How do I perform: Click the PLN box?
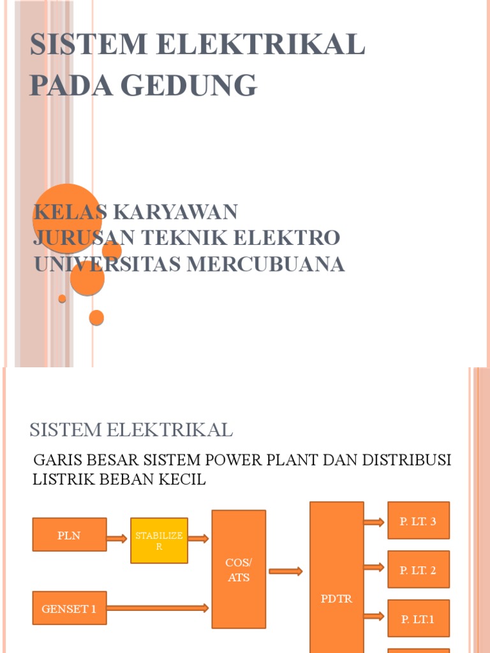coord(70,534)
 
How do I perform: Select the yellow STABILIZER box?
coord(159,541)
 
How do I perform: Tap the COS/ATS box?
coord(239,569)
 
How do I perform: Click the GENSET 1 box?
coord(70,608)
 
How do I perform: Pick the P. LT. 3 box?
coord(419,521)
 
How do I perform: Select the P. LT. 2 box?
coord(419,569)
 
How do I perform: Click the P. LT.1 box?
coord(419,619)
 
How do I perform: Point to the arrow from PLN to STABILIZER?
coord(117,539)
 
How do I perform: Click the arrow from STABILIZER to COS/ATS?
coord(199,539)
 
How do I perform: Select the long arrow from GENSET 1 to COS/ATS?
coord(158,608)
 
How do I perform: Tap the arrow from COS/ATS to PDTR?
coord(286,571)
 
